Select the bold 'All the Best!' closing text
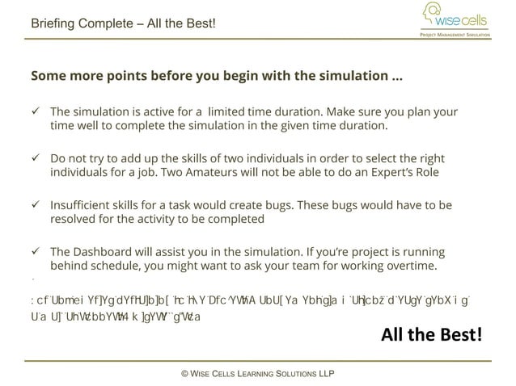tap(432, 334)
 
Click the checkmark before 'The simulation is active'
tap(36, 111)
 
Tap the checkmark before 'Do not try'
tap(36, 158)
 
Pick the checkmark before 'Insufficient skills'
tap(36, 205)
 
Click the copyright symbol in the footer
tap(185, 374)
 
